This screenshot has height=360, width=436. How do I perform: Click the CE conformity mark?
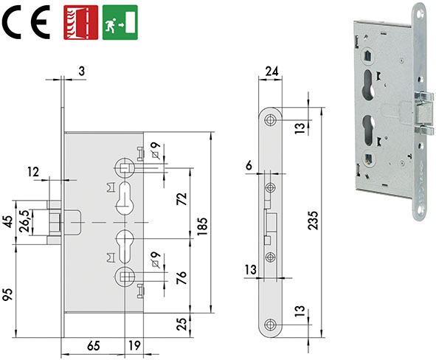pos(26,23)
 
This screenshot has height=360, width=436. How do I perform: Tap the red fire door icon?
pos(81,21)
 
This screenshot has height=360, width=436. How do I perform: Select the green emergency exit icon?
pos(119,21)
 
